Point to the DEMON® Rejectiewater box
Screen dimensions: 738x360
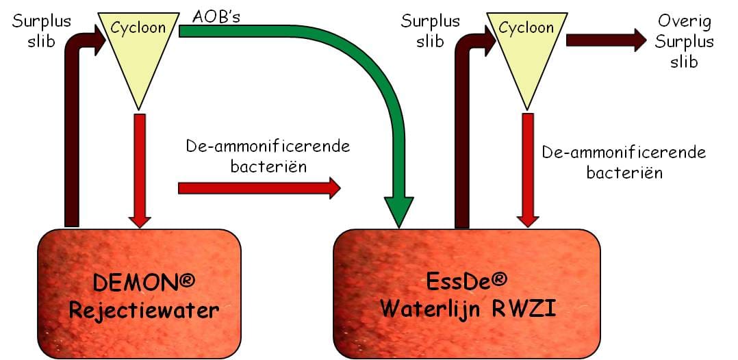point(139,293)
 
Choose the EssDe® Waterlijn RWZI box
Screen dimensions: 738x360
point(467,293)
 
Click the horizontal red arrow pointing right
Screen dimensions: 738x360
point(259,188)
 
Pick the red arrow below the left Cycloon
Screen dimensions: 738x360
point(140,170)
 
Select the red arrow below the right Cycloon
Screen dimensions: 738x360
point(528,170)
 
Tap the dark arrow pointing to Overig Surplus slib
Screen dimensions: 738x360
point(607,40)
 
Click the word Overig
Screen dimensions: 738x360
point(685,21)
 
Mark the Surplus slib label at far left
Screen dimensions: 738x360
point(41,31)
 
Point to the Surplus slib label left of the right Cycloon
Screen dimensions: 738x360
point(430,31)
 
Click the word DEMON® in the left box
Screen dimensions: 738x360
point(144,283)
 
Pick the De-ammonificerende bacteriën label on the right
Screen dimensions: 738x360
point(624,162)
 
